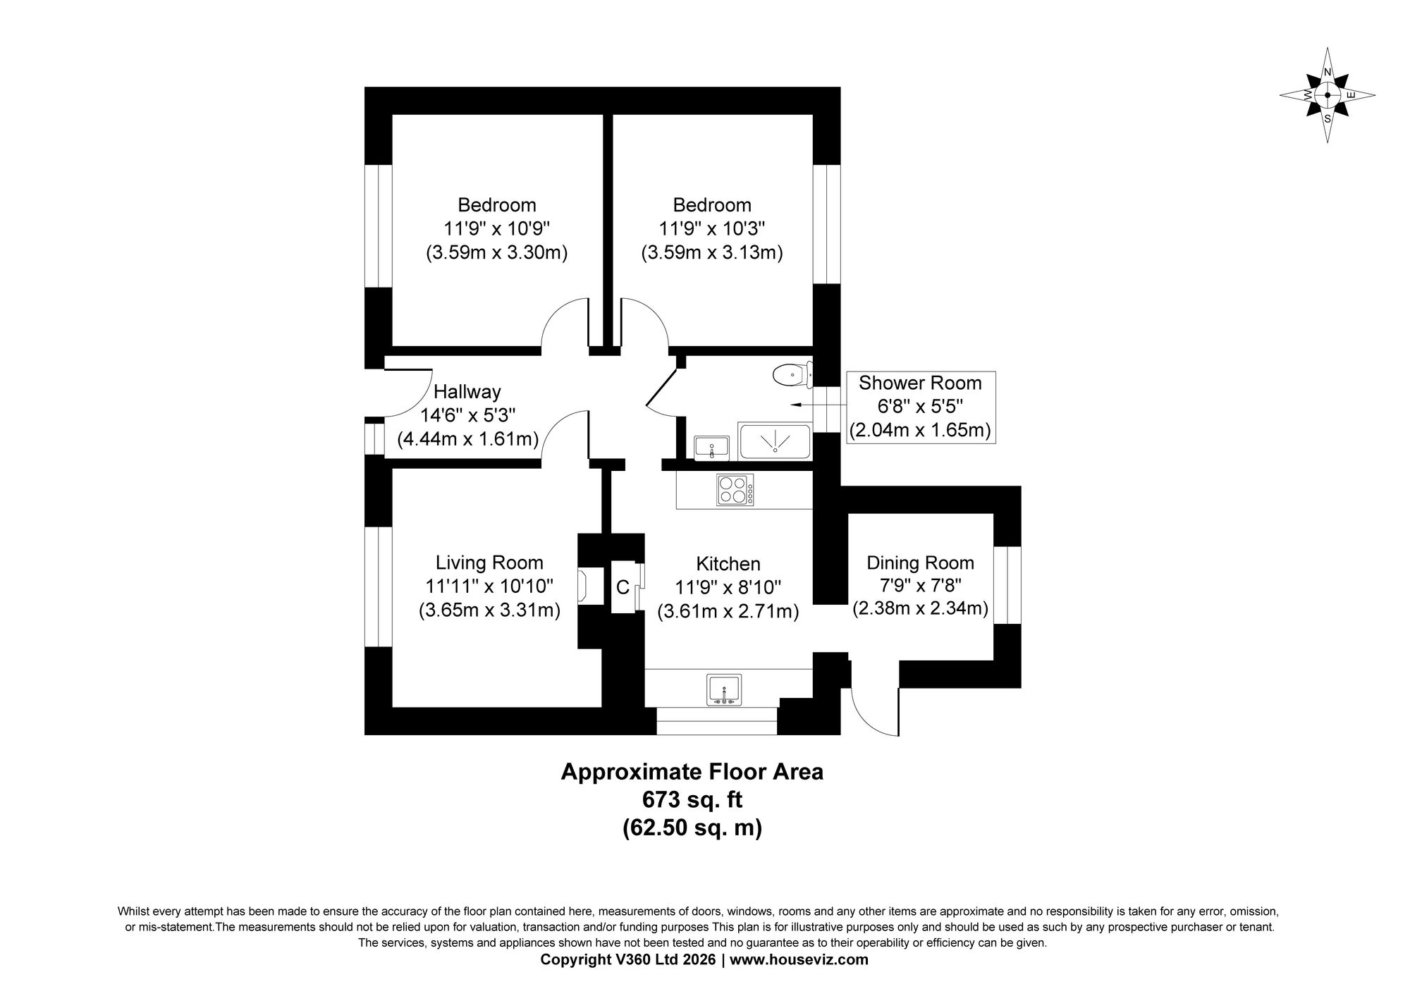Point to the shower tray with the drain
tap(775, 441)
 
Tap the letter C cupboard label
tap(623, 587)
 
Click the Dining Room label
tap(920, 562)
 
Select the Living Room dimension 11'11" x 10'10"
tap(489, 586)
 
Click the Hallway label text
tap(467, 391)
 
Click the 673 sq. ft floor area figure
tap(692, 800)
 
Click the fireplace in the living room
tap(584, 586)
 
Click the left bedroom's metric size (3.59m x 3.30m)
tap(497, 252)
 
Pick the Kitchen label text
tap(728, 564)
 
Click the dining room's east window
tap(1008, 585)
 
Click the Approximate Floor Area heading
tap(692, 772)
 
